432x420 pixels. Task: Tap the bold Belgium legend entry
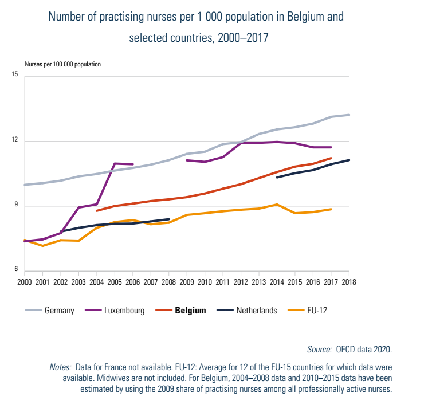coord(190,311)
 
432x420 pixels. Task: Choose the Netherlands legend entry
coord(256,311)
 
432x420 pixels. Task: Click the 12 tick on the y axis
coord(15,141)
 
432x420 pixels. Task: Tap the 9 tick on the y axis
coord(17,206)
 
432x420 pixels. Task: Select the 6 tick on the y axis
coord(17,271)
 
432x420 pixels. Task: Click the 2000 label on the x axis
coord(25,282)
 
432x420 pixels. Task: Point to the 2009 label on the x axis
coord(187,282)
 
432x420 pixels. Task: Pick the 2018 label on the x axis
coord(349,282)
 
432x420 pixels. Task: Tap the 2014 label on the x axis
coord(277,282)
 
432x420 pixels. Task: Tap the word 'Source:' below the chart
coord(319,349)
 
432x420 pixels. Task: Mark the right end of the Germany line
coord(349,115)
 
